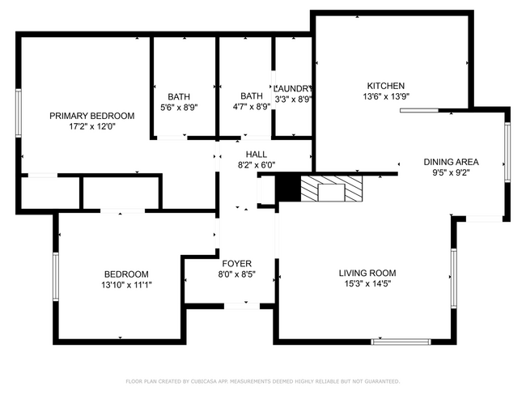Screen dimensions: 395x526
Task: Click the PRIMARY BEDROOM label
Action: pos(91,116)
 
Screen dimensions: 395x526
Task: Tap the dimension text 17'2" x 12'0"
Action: pos(91,126)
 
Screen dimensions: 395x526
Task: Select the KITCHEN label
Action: pos(386,86)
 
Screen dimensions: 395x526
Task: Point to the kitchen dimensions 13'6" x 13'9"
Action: pos(386,96)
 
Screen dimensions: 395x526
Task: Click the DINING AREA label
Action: pos(451,161)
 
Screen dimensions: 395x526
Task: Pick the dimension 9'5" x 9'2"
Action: pos(451,172)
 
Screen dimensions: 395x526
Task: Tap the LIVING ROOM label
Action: pos(367,273)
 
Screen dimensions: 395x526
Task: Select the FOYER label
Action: pos(237,264)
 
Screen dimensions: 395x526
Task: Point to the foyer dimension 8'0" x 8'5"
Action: pos(237,274)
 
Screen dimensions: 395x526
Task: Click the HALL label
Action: pos(257,155)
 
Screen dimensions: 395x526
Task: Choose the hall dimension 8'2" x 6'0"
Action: pos(257,165)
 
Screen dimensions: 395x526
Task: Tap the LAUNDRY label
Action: pos(293,88)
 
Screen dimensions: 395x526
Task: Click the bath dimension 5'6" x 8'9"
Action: pos(179,106)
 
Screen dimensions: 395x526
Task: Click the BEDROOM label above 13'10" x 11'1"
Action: pos(125,274)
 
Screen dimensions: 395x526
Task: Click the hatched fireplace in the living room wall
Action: pos(333,189)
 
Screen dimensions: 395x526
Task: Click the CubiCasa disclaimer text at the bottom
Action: pos(262,380)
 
